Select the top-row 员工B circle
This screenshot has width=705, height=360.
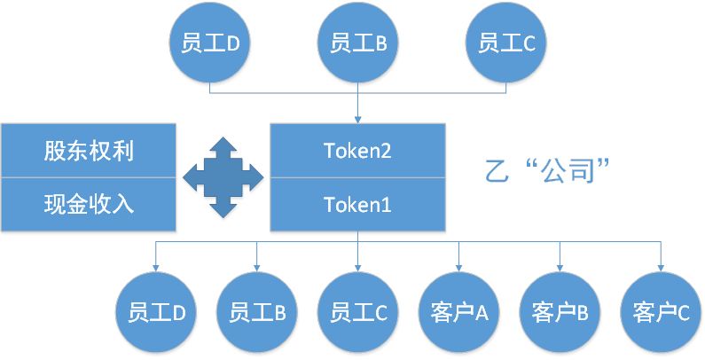(x=357, y=42)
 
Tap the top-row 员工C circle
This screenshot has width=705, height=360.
(x=506, y=42)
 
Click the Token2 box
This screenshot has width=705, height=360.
(x=357, y=151)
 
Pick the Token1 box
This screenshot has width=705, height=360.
(x=357, y=205)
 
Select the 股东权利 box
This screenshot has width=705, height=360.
(x=89, y=151)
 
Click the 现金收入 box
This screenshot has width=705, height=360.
(x=89, y=205)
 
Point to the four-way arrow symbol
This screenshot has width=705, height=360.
(x=223, y=177)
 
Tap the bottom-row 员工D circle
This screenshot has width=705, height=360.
(x=156, y=312)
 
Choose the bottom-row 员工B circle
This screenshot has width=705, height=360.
(x=256, y=312)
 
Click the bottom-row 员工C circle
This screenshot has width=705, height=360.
(x=357, y=312)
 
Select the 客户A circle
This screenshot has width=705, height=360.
(x=458, y=312)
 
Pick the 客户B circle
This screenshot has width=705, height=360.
(x=560, y=312)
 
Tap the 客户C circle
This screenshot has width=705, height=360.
(x=661, y=312)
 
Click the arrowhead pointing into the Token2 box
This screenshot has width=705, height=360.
(x=357, y=119)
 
